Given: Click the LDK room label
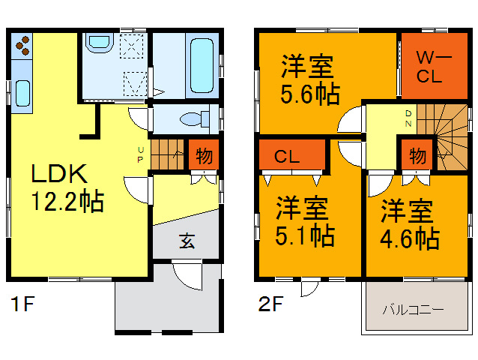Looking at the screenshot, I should click(60, 175).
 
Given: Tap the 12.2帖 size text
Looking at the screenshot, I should click(67, 202).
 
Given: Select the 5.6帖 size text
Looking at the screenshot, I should click(309, 94).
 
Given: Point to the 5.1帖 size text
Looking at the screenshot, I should click(303, 235).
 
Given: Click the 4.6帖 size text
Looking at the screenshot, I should click(408, 238).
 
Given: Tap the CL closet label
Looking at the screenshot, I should click(287, 157).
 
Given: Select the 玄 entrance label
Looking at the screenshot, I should click(187, 241).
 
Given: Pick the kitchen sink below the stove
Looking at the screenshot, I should click(22, 94).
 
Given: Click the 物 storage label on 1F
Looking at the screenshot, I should click(203, 157).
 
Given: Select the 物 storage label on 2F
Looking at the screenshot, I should click(418, 157).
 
